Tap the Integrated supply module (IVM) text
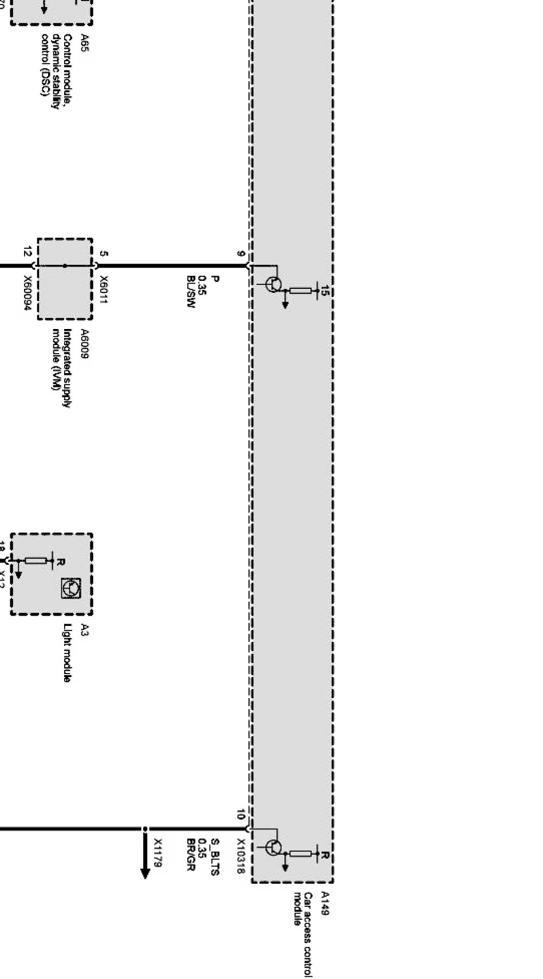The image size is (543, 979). point(62,367)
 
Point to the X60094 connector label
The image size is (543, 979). point(27,292)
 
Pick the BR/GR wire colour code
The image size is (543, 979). point(191,854)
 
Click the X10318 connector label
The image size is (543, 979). point(241,856)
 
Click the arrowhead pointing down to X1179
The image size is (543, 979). point(145,873)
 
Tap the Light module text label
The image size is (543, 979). point(68,653)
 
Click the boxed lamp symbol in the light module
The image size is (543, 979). point(72,588)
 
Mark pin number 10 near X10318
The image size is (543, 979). point(241,814)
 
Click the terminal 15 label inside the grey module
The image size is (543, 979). point(325,291)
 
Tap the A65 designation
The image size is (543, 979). point(85,43)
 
